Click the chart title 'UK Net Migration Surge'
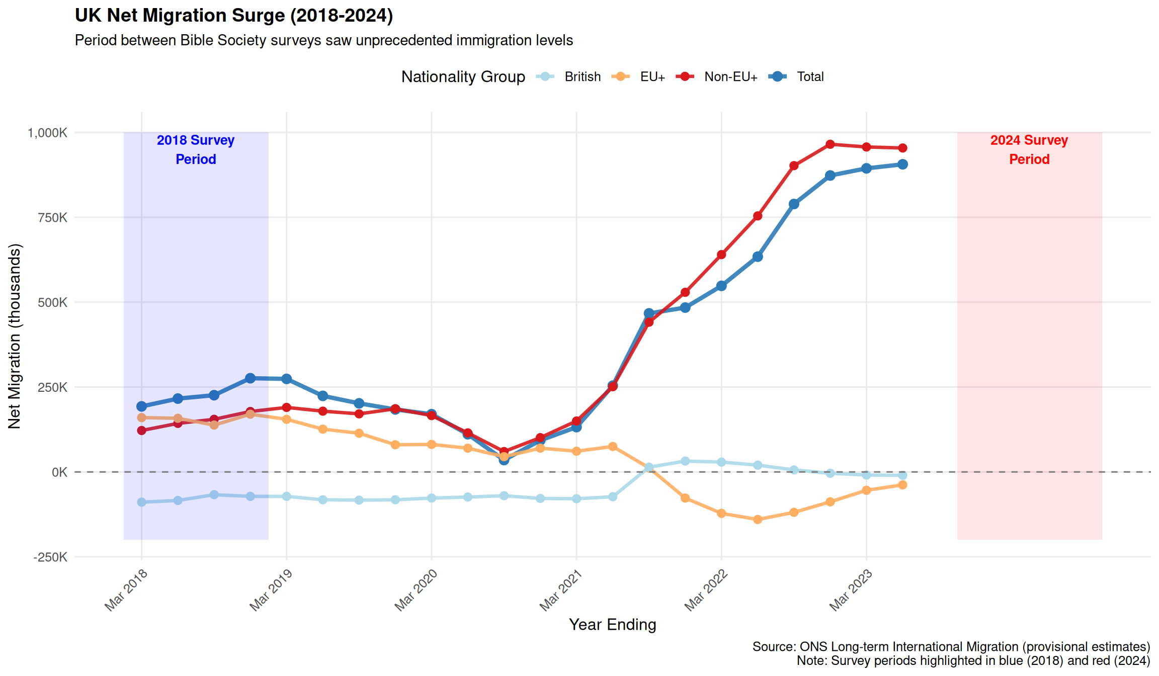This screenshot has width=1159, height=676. [234, 16]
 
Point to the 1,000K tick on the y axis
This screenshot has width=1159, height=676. [48, 133]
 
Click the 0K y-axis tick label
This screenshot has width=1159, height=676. [59, 472]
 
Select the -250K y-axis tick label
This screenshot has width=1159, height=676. [50, 557]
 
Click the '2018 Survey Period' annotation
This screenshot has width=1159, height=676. [196, 149]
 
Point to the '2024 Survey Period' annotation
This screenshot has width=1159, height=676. [1029, 149]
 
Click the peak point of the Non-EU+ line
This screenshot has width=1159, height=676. [830, 144]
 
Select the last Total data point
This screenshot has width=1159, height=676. [902, 164]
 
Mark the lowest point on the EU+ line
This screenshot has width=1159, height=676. [758, 520]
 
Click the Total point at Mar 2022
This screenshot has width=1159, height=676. [721, 286]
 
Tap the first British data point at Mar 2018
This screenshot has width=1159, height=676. [141, 502]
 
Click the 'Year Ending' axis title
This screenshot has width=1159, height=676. [612, 625]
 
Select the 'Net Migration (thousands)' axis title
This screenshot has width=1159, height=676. [15, 336]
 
